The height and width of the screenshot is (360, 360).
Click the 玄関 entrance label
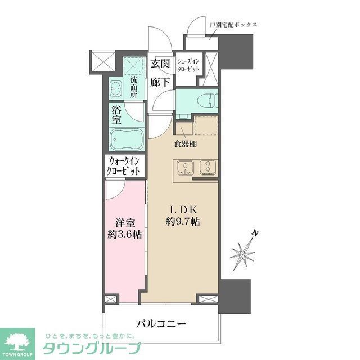(161, 63)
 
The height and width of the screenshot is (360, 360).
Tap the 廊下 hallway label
(161, 82)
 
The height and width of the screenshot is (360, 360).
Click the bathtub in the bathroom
(127, 138)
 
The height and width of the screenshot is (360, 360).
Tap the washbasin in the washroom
(115, 88)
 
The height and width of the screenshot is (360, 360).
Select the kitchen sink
(184, 167)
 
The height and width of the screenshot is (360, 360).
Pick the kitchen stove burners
(206, 167)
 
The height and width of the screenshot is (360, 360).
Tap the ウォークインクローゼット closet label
(124, 166)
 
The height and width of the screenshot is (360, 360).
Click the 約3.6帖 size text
(124, 234)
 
